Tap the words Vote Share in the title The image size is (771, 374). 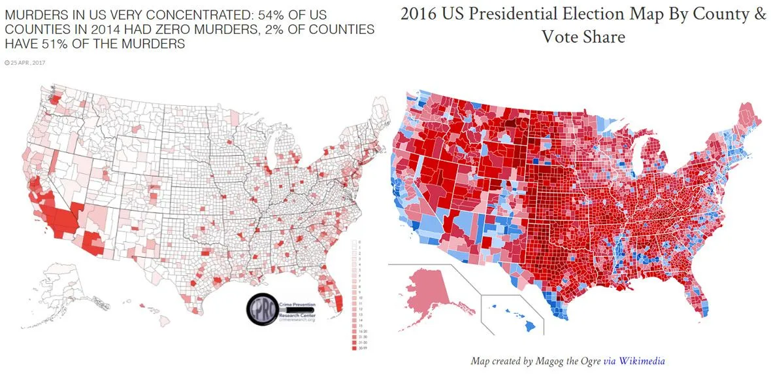pyautogui.click(x=583, y=37)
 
